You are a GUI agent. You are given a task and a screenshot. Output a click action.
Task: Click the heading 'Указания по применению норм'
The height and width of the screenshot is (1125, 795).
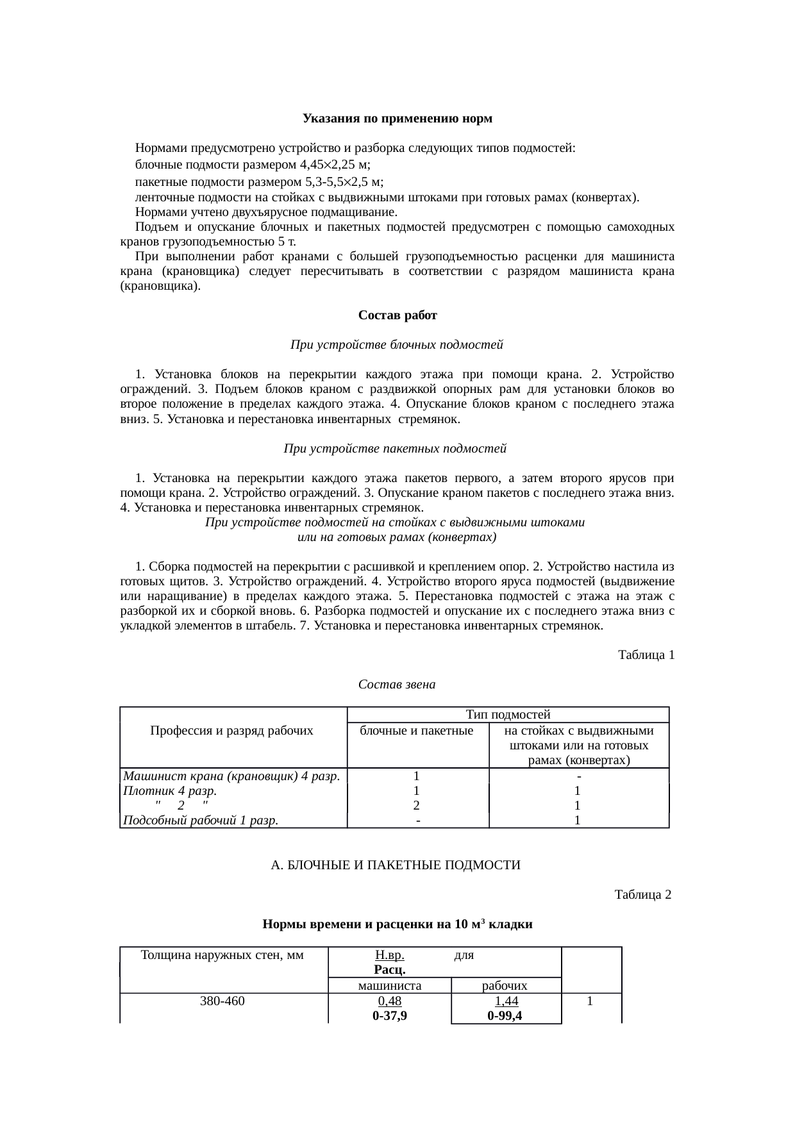click(397, 119)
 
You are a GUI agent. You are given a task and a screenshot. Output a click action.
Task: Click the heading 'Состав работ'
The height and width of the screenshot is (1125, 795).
click(397, 315)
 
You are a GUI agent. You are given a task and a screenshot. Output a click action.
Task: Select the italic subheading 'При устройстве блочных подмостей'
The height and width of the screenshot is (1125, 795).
click(396, 345)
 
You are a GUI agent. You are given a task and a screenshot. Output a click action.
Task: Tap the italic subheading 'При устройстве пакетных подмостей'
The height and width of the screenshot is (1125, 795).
click(395, 449)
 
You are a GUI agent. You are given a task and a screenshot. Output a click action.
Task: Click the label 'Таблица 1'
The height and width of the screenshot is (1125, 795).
click(646, 655)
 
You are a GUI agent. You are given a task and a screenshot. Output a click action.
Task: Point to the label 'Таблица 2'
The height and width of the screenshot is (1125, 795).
click(642, 894)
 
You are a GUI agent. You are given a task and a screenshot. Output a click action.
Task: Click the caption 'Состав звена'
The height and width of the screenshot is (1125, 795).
click(396, 685)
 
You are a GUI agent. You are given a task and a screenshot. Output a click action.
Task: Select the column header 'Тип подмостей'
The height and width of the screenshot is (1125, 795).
click(508, 714)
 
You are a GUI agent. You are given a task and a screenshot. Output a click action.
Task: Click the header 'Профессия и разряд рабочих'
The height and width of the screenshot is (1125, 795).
click(231, 731)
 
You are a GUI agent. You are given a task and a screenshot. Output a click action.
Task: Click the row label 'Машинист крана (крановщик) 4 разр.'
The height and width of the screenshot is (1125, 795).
click(231, 776)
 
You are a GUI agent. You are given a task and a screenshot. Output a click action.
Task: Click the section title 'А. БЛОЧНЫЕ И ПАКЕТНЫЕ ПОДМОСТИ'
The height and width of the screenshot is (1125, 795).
click(395, 865)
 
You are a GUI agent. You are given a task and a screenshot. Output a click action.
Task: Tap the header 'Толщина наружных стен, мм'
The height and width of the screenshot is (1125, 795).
click(222, 955)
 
